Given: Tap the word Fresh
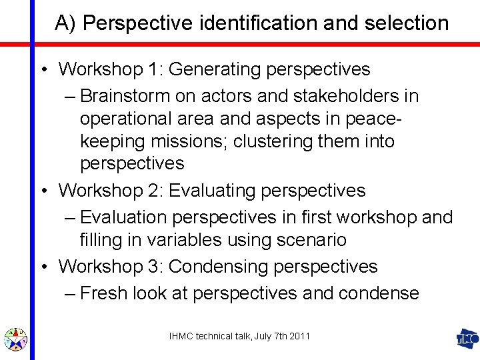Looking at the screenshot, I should tap(103, 293).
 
